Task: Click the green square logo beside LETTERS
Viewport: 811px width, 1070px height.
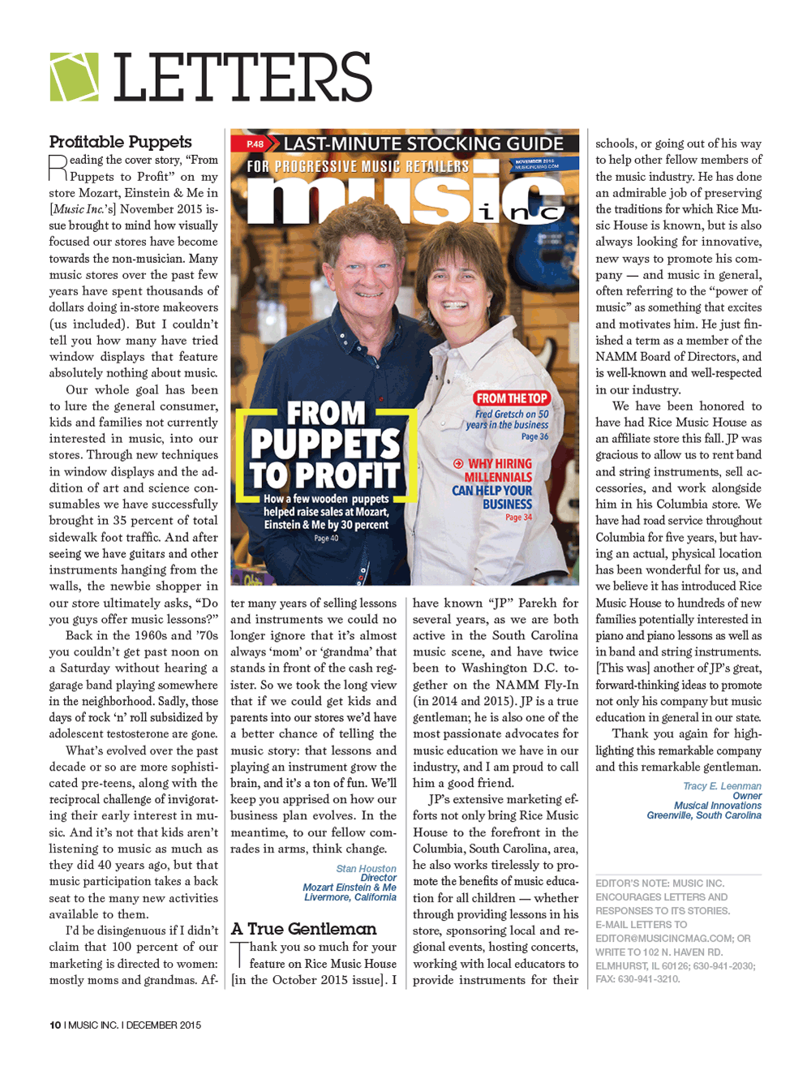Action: [x=74, y=77]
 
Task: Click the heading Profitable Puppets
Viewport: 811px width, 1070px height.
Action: [x=120, y=142]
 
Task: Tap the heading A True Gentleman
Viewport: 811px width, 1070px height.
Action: [x=303, y=929]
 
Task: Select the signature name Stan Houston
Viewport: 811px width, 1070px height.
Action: [x=366, y=869]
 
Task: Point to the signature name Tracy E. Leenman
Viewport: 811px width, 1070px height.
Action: [x=722, y=786]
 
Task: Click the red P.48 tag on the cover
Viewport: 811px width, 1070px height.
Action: [x=255, y=144]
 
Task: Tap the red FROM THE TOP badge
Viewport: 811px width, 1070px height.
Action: [x=512, y=398]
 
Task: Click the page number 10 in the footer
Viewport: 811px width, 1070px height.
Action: [x=55, y=1025]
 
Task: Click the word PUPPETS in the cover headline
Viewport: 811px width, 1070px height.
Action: [x=325, y=444]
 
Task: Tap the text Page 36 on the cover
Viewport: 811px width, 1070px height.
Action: [x=534, y=436]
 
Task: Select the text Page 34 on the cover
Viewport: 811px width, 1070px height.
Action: [x=518, y=517]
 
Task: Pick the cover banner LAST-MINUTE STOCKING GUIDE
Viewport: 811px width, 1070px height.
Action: [x=423, y=144]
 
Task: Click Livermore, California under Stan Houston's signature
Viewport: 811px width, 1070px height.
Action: [x=350, y=897]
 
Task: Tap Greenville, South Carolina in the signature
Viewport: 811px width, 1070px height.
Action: [x=703, y=815]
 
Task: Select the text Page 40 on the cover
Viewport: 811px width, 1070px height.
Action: [x=326, y=538]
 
